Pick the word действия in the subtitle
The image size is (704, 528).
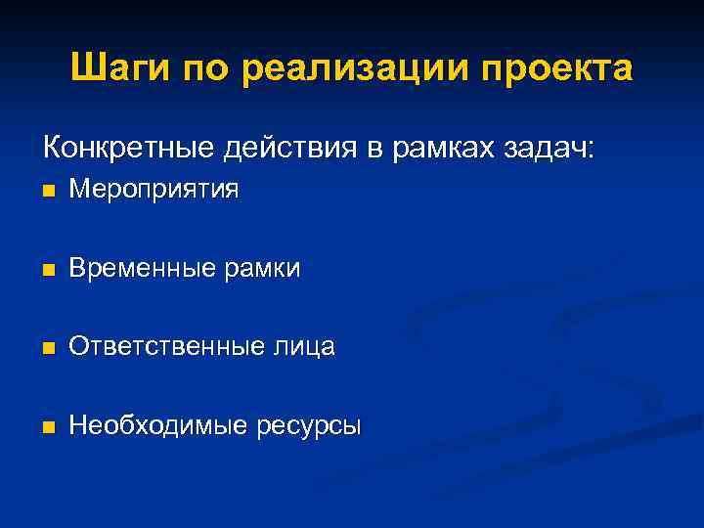coord(294,149)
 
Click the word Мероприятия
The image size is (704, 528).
coord(154,189)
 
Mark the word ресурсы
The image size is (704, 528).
coord(310,425)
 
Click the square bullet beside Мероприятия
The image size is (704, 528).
coord(49,190)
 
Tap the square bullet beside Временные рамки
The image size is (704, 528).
coord(49,268)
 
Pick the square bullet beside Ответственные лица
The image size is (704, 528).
coord(49,347)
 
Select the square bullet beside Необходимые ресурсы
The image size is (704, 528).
coord(49,426)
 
